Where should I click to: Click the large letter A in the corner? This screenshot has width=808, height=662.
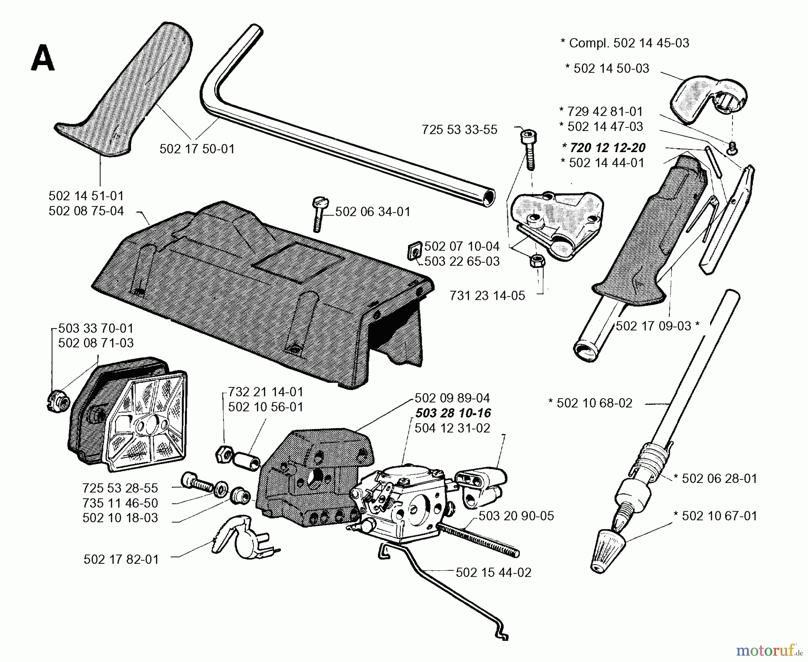pos(43,60)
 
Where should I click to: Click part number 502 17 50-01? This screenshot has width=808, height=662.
pos(197,149)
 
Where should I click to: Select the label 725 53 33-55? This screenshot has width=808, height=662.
pos(459,130)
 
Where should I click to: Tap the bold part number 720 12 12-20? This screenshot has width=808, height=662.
pos(603,148)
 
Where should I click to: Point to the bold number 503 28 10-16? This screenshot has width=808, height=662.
pos(453,413)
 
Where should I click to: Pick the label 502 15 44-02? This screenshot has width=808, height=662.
pos(493,573)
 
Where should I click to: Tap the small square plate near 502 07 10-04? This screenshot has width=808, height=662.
pos(413,251)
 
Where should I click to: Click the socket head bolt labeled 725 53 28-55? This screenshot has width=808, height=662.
pos(197,483)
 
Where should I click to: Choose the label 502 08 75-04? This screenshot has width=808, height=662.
pos(86,211)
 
